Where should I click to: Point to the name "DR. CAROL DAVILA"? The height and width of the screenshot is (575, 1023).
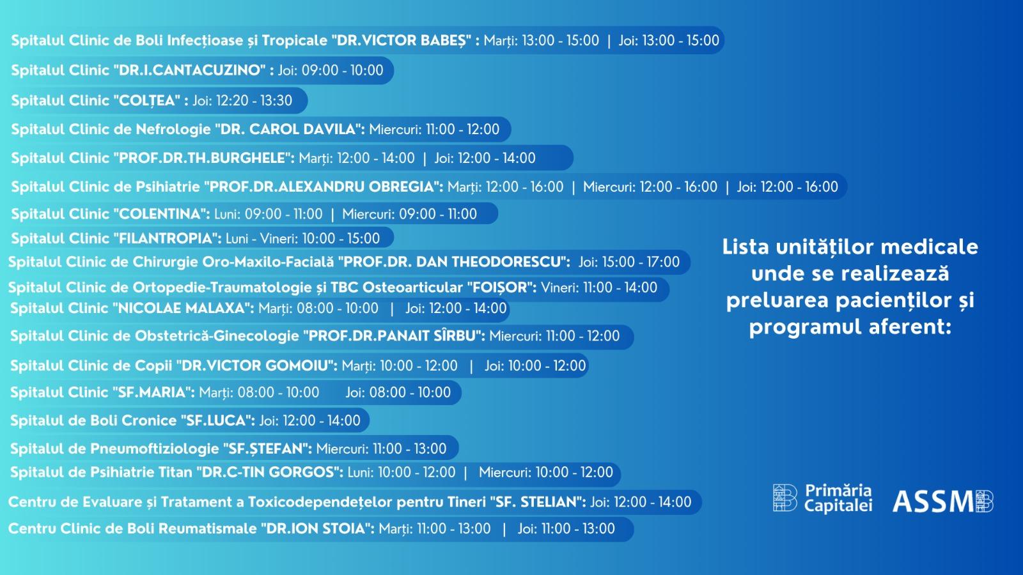pos(288,129)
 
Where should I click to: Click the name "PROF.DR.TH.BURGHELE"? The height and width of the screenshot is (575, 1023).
pos(202,158)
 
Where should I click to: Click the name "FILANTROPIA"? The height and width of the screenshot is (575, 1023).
pos(166,238)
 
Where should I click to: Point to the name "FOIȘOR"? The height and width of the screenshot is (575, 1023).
pos(499,287)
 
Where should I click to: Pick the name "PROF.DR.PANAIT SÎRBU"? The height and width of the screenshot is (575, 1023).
pos(391,336)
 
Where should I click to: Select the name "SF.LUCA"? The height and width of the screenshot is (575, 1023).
pos(216,420)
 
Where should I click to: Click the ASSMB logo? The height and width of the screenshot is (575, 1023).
pos(943,501)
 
